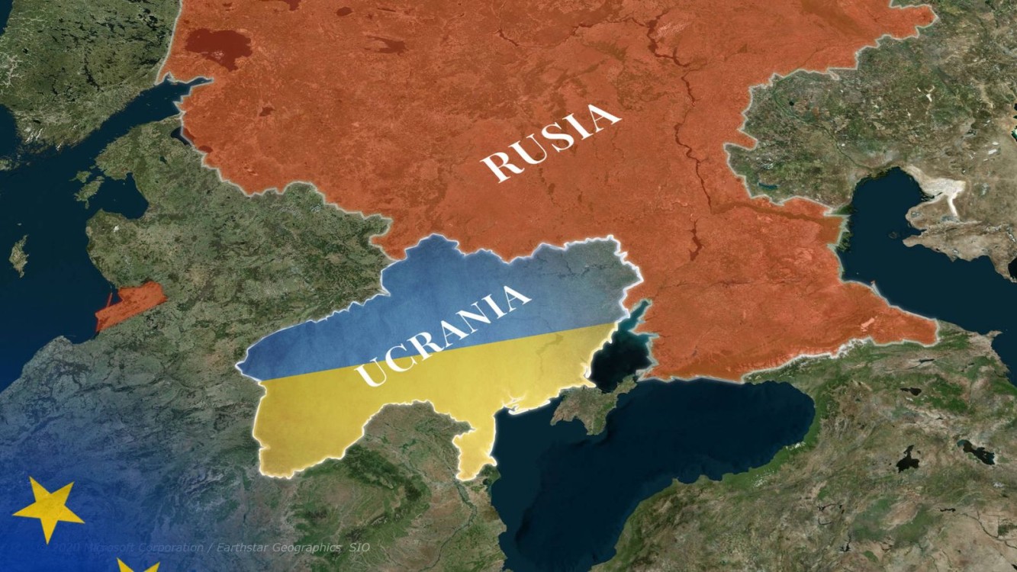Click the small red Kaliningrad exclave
pos(130,304)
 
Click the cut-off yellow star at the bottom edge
pos(137,567)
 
